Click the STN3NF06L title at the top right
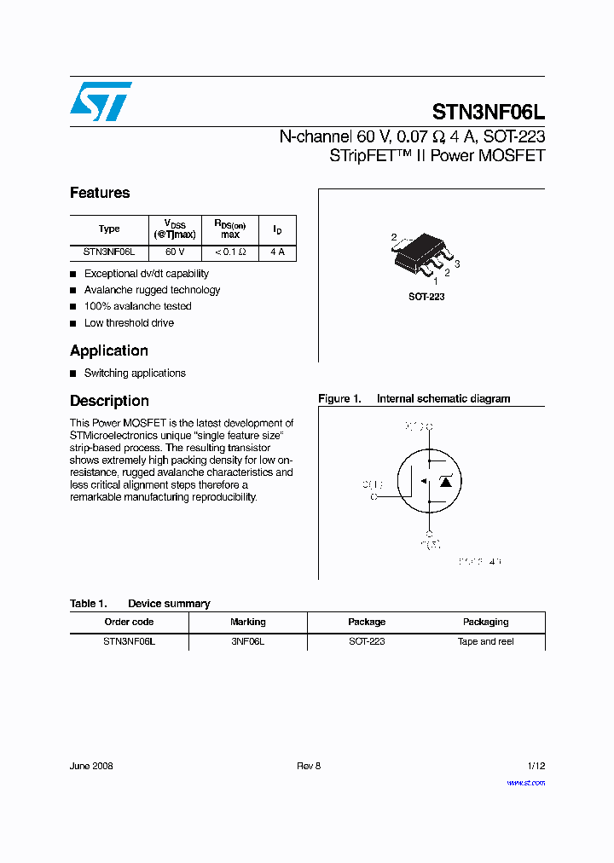[x=489, y=113]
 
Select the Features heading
[x=100, y=193]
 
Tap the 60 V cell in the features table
[x=175, y=252]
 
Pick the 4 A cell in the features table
[x=277, y=252]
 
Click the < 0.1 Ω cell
[x=230, y=252]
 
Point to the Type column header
[x=109, y=229]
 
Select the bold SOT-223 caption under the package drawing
[x=426, y=297]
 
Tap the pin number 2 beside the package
[x=394, y=237]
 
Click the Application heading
[x=109, y=350]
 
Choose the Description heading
[x=109, y=401]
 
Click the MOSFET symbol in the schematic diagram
[x=432, y=482]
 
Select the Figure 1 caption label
[x=340, y=398]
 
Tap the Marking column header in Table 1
[x=248, y=622]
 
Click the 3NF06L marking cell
[x=248, y=641]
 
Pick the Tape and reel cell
[x=485, y=641]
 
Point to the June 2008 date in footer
[x=91, y=766]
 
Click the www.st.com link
[x=525, y=782]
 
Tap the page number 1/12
[x=536, y=766]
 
